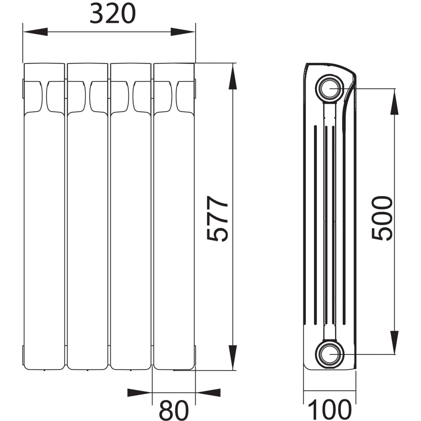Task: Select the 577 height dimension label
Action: pos(217,219)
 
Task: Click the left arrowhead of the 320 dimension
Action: pos(36,32)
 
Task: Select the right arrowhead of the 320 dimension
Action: pos(183,32)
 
